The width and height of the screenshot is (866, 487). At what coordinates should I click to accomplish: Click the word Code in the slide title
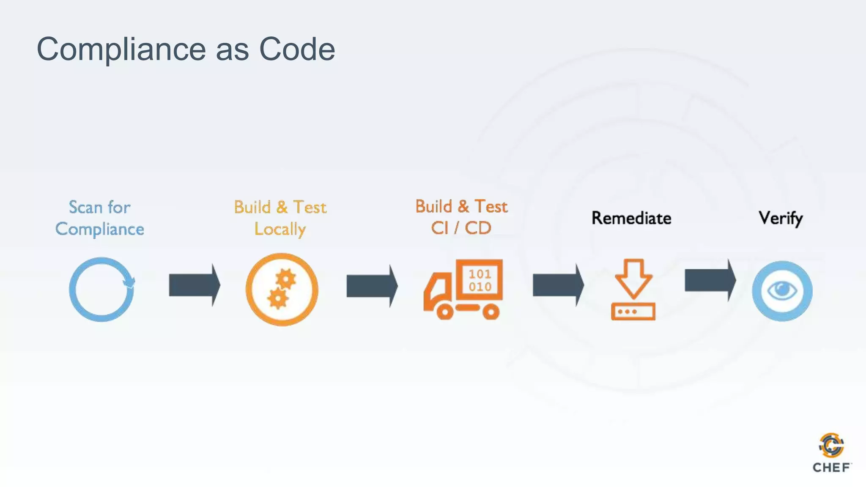point(297,49)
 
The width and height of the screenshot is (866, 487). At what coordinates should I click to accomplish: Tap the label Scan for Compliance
point(100,218)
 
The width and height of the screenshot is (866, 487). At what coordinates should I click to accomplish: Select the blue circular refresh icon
point(101,290)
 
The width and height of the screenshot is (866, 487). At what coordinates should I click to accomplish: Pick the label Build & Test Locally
point(280,218)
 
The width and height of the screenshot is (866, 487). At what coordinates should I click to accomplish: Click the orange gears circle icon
point(282,290)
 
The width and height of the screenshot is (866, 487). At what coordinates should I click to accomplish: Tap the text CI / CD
point(461,228)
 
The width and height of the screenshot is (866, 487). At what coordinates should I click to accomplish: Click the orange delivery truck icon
point(463,290)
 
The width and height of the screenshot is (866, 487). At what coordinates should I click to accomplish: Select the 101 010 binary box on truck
point(480,280)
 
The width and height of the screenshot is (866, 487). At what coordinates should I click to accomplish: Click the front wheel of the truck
point(445,312)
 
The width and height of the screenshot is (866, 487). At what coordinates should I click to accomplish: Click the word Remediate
point(631,218)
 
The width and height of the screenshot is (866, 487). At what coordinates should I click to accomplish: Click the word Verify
point(781,218)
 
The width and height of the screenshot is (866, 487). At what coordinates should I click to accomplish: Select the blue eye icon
point(782,291)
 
